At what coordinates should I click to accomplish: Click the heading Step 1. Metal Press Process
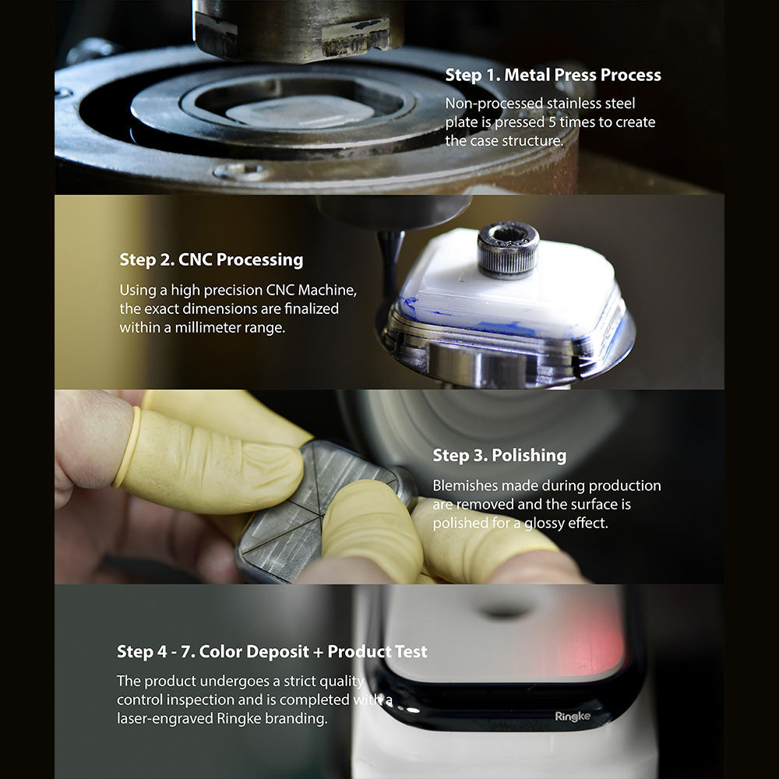[x=553, y=75]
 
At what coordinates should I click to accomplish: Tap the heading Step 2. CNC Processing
[x=211, y=259]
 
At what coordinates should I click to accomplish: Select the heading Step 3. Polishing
[x=499, y=455]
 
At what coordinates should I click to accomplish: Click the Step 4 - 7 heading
[x=272, y=651]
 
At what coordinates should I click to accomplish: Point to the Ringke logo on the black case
[x=573, y=717]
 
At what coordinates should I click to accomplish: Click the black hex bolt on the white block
[x=508, y=250]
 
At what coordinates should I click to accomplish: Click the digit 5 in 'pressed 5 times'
[x=552, y=122]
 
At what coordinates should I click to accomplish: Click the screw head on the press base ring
[x=242, y=172]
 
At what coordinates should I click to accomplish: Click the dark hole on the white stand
[x=506, y=610]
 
